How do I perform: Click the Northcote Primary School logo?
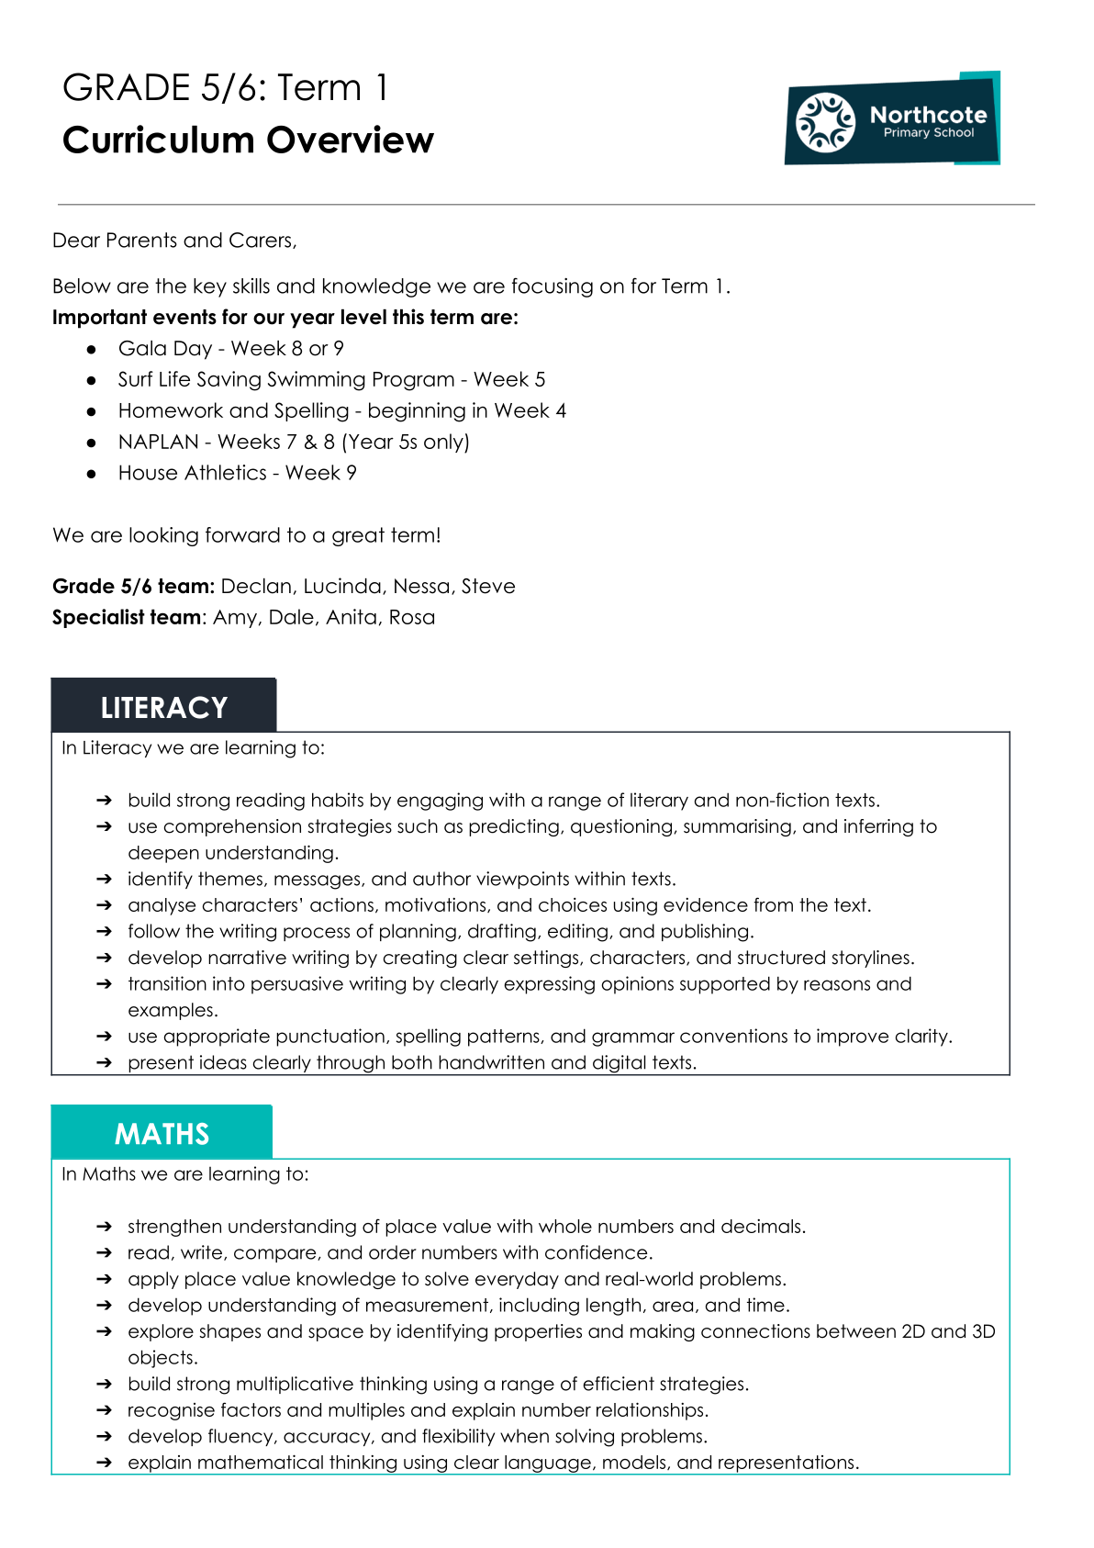(x=891, y=119)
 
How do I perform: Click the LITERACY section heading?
(x=163, y=707)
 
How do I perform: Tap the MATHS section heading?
(x=162, y=1134)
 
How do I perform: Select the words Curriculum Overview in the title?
(x=248, y=140)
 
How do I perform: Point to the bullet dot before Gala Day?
(x=92, y=349)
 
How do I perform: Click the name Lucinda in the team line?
(x=342, y=586)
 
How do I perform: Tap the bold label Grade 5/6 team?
(x=133, y=586)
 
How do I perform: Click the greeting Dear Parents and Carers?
(x=174, y=241)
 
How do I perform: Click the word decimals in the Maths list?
(x=762, y=1227)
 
